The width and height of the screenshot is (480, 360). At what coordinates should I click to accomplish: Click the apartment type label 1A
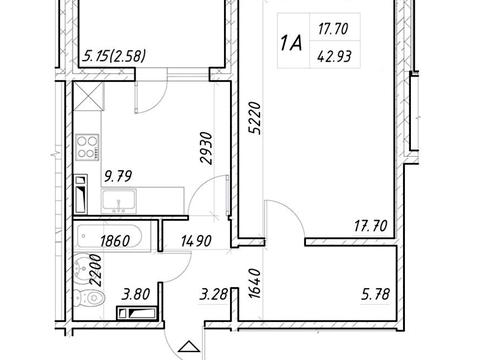click(x=291, y=43)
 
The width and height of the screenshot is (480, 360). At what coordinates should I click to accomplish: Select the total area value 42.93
click(x=334, y=57)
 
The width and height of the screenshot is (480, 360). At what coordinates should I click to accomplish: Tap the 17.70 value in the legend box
click(x=333, y=29)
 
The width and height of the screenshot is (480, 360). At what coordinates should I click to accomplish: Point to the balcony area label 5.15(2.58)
click(x=114, y=56)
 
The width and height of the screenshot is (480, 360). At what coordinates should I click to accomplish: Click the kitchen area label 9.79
click(x=118, y=176)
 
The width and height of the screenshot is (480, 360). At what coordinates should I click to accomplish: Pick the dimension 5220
click(x=256, y=118)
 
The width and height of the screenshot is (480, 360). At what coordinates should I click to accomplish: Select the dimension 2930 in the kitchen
click(x=206, y=148)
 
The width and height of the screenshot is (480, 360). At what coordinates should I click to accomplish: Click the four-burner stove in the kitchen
click(x=88, y=147)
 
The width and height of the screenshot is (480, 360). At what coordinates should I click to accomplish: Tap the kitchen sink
click(x=119, y=201)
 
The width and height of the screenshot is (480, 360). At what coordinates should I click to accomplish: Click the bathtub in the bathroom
click(x=110, y=236)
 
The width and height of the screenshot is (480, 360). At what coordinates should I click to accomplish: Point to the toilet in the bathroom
click(x=88, y=297)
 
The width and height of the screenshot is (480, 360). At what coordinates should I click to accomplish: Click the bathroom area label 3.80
click(x=136, y=295)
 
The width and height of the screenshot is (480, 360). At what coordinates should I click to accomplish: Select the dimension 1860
click(x=115, y=241)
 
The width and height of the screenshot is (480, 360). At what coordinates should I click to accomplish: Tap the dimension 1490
click(x=196, y=241)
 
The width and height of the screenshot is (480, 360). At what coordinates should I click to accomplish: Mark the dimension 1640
click(x=254, y=283)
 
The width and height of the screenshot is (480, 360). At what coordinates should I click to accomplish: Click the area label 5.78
click(x=375, y=295)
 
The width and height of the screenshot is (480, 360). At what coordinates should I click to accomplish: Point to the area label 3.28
click(x=213, y=295)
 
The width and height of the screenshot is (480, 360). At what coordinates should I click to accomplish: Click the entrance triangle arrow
click(x=189, y=347)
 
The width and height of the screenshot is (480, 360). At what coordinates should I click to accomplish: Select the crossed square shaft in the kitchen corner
click(x=88, y=97)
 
